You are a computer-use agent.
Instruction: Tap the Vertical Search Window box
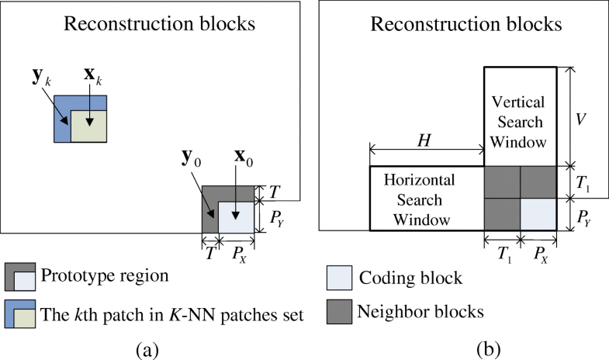click(520, 116)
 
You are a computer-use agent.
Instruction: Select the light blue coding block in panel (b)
click(538, 214)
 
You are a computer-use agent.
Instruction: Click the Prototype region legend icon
click(20, 275)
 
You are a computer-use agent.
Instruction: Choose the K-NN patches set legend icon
click(20, 313)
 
